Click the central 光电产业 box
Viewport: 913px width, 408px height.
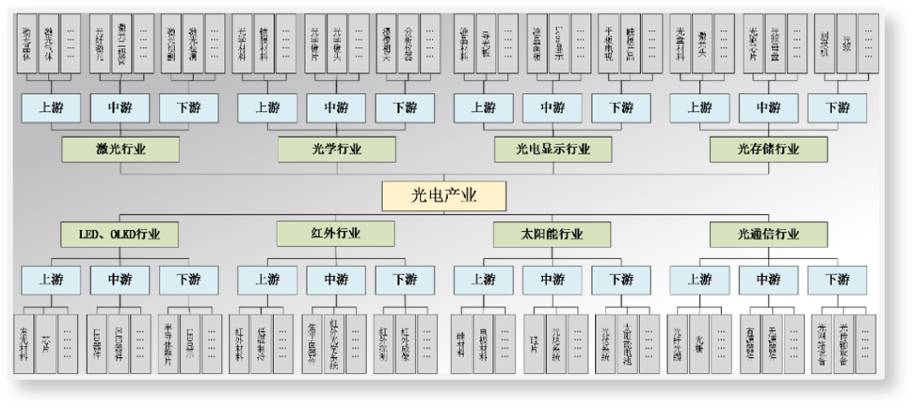pyautogui.click(x=444, y=196)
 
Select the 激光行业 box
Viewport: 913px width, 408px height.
pyautogui.click(x=120, y=150)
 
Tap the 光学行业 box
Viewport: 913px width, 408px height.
pyautogui.click(x=336, y=150)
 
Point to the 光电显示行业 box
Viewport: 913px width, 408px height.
pyautogui.click(x=553, y=150)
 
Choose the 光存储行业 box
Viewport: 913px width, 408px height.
pyautogui.click(x=768, y=150)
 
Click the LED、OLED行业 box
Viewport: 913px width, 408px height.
pyautogui.click(x=120, y=234)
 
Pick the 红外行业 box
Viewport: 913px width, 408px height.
pyautogui.click(x=336, y=234)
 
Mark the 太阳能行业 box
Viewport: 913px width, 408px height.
pyautogui.click(x=553, y=234)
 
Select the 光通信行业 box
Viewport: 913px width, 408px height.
pyautogui.click(x=768, y=234)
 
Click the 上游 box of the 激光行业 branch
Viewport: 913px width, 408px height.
pyautogui.click(x=51, y=108)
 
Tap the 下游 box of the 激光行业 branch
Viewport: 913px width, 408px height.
pyautogui.click(x=189, y=108)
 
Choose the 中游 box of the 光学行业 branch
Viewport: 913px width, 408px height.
pyautogui.click(x=336, y=108)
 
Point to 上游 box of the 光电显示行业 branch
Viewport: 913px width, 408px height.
pyautogui.click(x=484, y=108)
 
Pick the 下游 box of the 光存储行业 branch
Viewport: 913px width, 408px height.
pyautogui.click(x=837, y=108)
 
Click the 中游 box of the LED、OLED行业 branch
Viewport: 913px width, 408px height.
pyautogui.click(x=120, y=279)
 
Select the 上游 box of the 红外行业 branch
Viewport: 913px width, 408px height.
pyautogui.click(x=267, y=279)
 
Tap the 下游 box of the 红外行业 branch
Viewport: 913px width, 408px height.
pyautogui.click(x=405, y=279)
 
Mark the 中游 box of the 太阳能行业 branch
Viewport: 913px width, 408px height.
pyautogui.click(x=553, y=279)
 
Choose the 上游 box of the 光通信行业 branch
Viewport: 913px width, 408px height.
pyautogui.click(x=700, y=279)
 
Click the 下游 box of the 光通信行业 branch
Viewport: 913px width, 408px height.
pyautogui.click(x=837, y=279)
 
